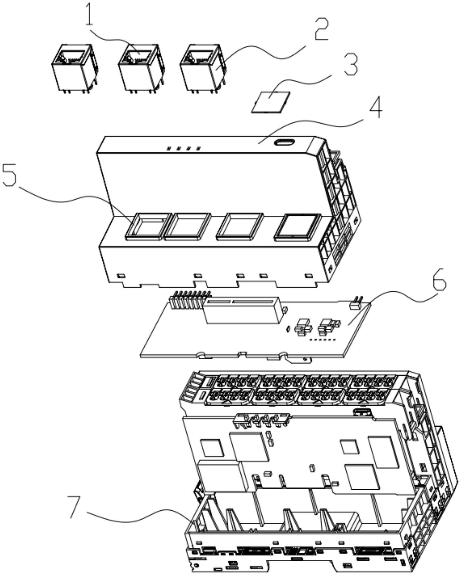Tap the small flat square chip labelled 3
[271, 102]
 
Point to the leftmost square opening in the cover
[148, 225]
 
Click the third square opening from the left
[240, 226]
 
